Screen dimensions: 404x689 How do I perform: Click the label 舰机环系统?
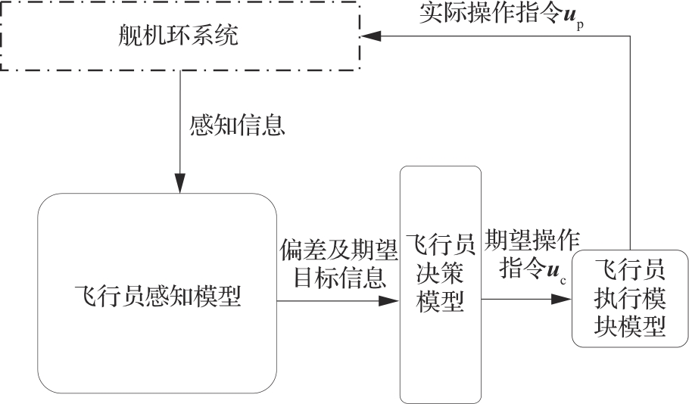179,36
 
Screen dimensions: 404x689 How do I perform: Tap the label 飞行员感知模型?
158,296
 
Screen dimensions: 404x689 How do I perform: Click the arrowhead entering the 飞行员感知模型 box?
179,185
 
